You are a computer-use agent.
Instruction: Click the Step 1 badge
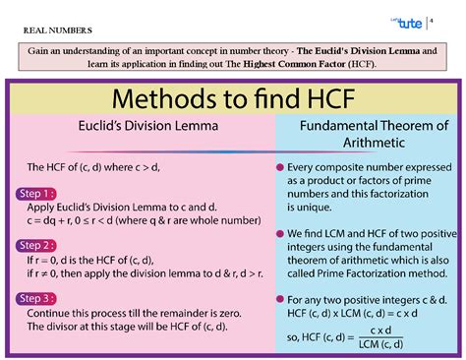[35, 195]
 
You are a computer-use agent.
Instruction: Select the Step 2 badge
[35, 245]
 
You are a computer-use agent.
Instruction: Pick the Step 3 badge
[35, 297]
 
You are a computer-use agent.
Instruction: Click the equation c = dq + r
[64, 222]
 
